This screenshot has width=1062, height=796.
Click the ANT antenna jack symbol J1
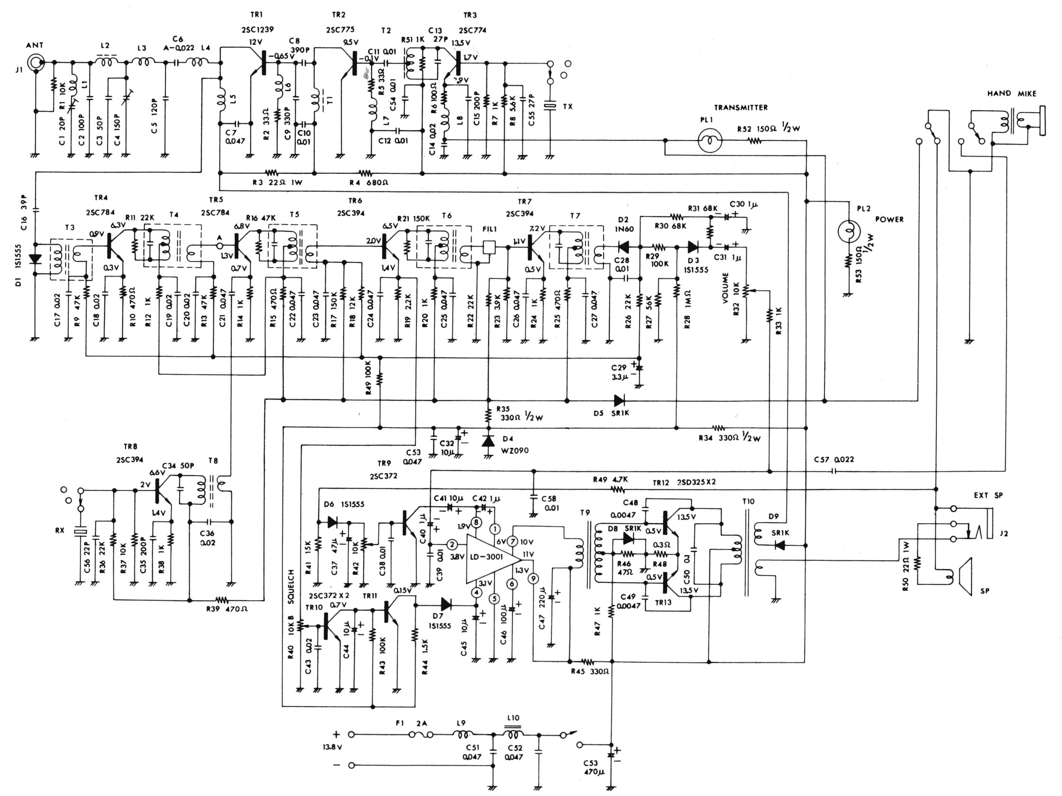pyautogui.click(x=36, y=63)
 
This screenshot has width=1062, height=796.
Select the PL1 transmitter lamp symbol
pyautogui.click(x=710, y=141)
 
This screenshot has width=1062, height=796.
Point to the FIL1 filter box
pyautogui.click(x=489, y=247)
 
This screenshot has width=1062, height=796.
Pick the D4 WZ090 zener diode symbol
pyautogui.click(x=488, y=441)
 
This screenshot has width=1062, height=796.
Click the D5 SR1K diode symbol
pyautogui.click(x=620, y=400)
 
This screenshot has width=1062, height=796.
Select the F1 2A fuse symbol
pyautogui.click(x=421, y=734)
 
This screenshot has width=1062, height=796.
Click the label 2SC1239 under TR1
pyautogui.click(x=258, y=29)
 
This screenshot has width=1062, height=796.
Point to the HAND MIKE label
pyautogui.click(x=1012, y=93)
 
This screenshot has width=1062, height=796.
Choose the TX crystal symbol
pyautogui.click(x=550, y=107)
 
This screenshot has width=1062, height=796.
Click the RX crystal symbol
pyautogui.click(x=80, y=531)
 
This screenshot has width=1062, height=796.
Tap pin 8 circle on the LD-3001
pyautogui.click(x=476, y=522)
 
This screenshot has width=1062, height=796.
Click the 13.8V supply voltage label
pyautogui.click(x=332, y=748)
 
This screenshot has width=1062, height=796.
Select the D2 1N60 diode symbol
pyautogui.click(x=623, y=247)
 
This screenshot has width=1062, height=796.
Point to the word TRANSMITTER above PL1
pyautogui.click(x=741, y=108)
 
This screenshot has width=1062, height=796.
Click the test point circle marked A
pyautogui.click(x=220, y=245)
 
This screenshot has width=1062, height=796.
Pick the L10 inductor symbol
pyautogui.click(x=513, y=734)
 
